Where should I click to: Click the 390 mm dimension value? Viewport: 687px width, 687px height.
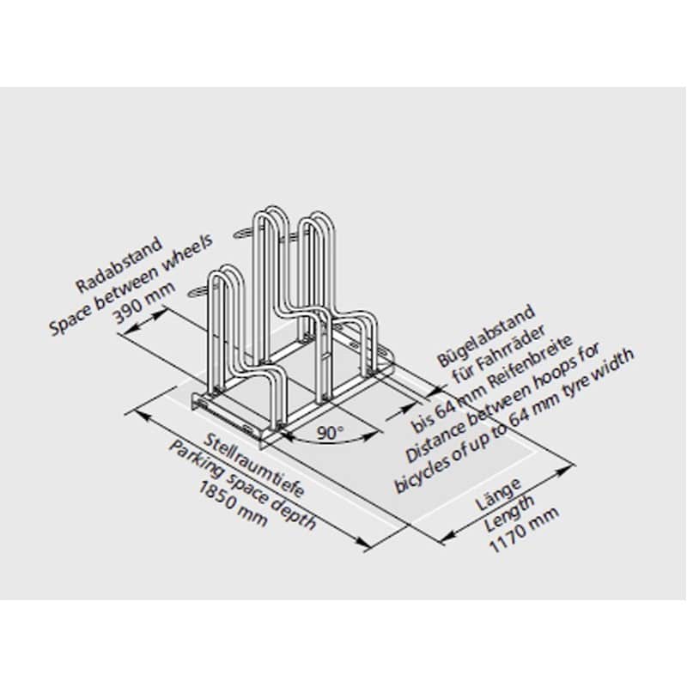click(x=145, y=302)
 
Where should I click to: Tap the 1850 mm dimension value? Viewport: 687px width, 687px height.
click(x=233, y=504)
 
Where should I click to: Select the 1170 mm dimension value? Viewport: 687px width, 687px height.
click(x=524, y=530)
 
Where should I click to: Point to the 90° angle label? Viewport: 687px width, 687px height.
click(x=331, y=433)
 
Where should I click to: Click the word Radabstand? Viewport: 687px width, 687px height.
click(x=119, y=264)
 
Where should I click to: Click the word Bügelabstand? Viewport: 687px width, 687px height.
click(x=486, y=335)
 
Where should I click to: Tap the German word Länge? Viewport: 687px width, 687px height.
click(x=499, y=493)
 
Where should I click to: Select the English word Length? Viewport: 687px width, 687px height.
click(x=509, y=513)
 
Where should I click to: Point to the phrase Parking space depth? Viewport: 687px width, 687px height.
click(x=242, y=485)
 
